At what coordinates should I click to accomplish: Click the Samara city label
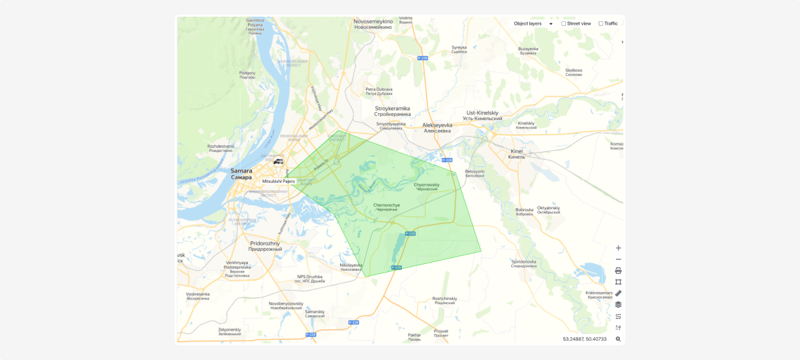point(241,173)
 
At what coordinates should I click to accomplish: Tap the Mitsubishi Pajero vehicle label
point(279,181)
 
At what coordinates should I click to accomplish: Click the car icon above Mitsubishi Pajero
point(279,161)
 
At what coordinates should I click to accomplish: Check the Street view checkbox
point(564,23)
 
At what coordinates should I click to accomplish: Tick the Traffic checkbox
point(601,23)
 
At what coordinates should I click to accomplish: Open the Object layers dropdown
point(533,23)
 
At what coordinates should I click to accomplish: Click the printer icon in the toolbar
point(618,271)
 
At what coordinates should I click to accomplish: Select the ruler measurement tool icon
point(618,293)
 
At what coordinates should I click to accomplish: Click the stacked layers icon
point(618,305)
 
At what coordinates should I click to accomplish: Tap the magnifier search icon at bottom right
point(618,339)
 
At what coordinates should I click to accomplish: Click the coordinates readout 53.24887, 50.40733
point(585,339)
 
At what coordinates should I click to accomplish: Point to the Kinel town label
point(516,154)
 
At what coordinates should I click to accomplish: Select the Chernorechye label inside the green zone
point(387,207)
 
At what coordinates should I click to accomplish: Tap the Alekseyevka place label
point(437,127)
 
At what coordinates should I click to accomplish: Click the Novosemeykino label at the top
point(373,24)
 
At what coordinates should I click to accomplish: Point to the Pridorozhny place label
point(265,246)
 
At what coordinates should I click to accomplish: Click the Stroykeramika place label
point(393,111)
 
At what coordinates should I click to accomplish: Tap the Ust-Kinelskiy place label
point(483,115)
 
